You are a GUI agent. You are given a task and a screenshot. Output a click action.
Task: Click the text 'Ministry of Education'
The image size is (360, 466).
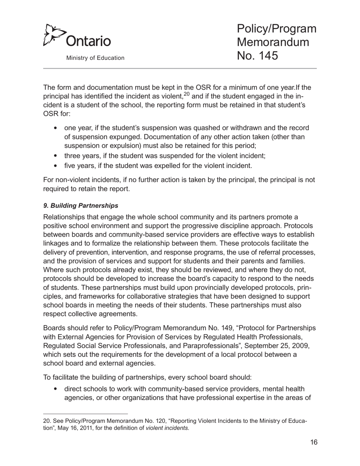tap(95, 58)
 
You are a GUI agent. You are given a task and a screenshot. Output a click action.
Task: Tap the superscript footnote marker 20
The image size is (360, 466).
tap(186, 94)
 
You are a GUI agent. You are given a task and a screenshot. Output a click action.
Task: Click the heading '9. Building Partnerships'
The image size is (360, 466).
tap(81, 206)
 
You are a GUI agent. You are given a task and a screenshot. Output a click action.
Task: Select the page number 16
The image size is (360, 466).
tap(313, 443)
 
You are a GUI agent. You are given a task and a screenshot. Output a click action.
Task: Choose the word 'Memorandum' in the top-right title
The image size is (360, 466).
tap(273, 42)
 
